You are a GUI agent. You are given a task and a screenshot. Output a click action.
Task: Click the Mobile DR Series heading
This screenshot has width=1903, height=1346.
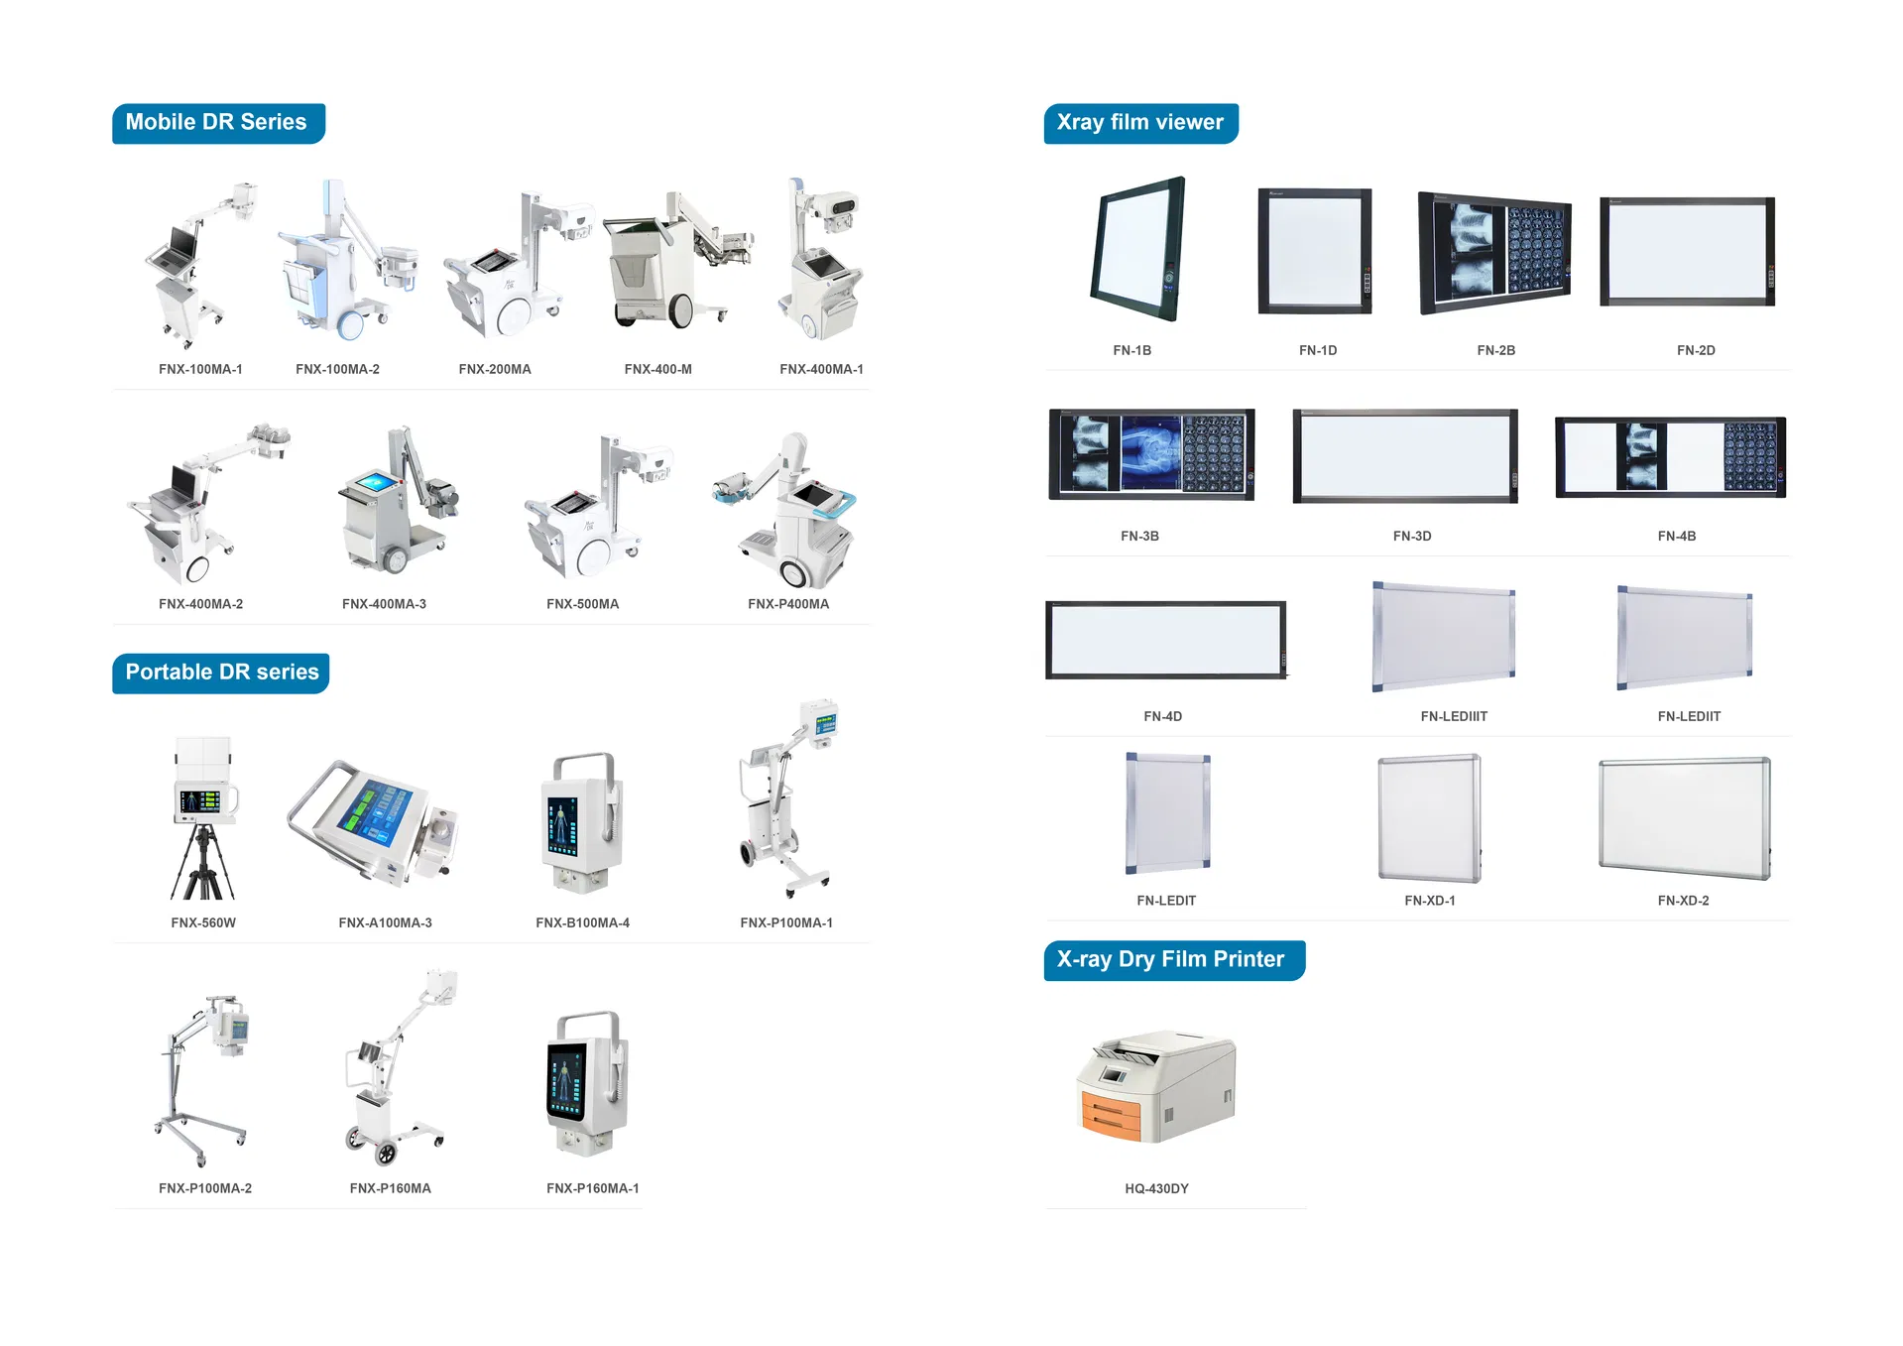coord(217,123)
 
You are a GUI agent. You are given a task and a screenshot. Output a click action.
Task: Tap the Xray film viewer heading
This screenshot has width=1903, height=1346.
coord(1139,123)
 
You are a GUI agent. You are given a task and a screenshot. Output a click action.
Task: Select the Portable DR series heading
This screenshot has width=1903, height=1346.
coord(221,673)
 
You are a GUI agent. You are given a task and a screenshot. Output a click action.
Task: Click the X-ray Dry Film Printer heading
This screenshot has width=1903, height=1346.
coord(1172,960)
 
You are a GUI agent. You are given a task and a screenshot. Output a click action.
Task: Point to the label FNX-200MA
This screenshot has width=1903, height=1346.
coord(495,369)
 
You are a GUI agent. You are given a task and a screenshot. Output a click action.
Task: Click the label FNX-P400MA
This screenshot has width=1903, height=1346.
coord(788,604)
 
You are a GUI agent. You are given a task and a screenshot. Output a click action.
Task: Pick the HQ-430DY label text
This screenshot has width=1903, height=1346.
coord(1156,1188)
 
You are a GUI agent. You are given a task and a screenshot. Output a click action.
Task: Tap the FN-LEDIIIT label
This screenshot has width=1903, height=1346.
coord(1454,716)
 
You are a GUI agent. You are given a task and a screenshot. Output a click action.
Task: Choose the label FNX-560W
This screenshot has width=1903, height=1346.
coord(203,922)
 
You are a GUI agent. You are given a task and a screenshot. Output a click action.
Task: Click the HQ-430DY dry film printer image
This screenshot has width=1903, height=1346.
coord(1156,1087)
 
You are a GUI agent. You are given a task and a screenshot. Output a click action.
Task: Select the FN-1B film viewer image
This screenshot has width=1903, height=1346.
coord(1138,249)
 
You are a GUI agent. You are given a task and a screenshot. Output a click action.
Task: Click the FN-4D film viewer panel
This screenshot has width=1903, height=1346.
coord(1165,640)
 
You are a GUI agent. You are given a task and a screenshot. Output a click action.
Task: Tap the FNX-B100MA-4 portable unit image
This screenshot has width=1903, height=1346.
coord(583,824)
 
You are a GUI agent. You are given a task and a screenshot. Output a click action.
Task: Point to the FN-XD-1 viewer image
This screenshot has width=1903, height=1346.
coord(1429,818)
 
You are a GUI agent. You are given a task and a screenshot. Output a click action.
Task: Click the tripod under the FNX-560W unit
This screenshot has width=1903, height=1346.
coord(203,863)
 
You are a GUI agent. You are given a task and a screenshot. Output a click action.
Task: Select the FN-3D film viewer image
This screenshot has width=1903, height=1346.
coord(1406,455)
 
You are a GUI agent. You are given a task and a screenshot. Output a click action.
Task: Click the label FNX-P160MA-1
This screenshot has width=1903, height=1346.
coord(593,1188)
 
